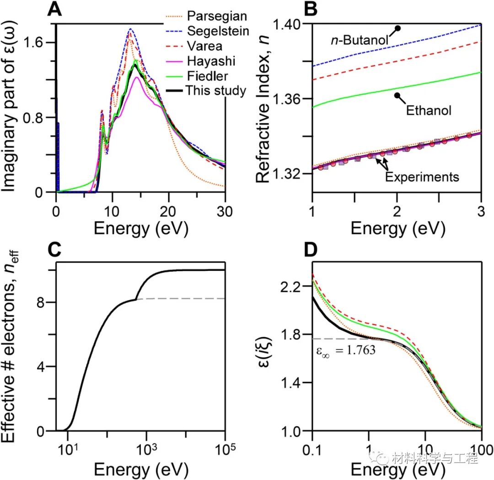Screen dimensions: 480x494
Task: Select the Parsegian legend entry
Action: pyautogui.click(x=217, y=16)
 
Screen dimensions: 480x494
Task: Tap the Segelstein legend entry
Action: pyautogui.click(x=219, y=31)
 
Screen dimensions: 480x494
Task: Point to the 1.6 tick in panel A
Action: pyautogui.click(x=38, y=43)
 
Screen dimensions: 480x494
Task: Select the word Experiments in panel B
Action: pyautogui.click(x=422, y=177)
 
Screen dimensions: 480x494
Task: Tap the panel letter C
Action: pyautogui.click(x=56, y=249)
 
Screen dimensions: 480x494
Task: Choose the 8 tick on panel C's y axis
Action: pyautogui.click(x=46, y=302)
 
